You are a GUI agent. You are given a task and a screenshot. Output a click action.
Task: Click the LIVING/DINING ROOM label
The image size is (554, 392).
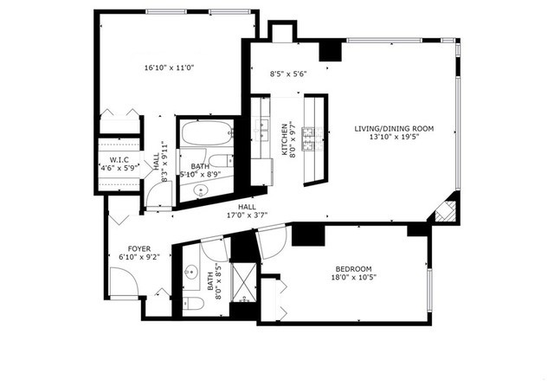point(394,129)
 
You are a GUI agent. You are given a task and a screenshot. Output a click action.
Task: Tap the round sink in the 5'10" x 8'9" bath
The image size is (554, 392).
point(203,190)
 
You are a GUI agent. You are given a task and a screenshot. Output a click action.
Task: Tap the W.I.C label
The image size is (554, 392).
point(119,159)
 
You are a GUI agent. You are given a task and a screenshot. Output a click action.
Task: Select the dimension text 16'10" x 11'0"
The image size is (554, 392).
point(169,67)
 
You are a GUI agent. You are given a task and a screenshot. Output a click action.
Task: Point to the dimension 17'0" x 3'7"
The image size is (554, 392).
point(247,215)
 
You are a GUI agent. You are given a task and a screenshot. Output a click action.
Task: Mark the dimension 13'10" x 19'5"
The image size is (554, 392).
point(394,137)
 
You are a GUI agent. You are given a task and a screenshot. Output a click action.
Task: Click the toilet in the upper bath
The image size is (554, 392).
point(222,159)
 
